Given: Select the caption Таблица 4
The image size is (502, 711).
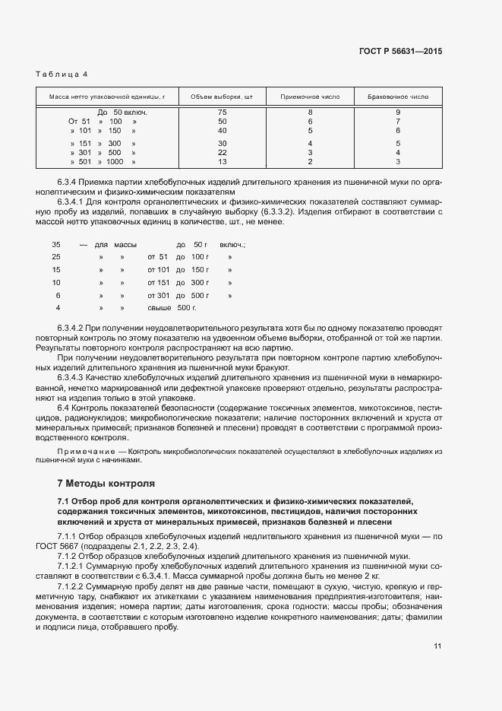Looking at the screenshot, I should (x=62, y=74).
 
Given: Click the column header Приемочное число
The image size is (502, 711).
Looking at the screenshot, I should (x=310, y=97).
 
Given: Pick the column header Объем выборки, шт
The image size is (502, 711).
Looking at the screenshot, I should (x=222, y=97).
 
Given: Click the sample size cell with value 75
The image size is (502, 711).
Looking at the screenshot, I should (x=223, y=113).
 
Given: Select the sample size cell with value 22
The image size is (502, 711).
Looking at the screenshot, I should (x=223, y=152).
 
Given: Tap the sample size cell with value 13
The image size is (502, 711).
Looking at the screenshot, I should (x=223, y=162).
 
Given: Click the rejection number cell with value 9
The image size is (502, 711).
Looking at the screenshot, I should (x=398, y=113).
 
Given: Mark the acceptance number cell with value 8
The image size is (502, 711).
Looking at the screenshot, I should (x=310, y=113).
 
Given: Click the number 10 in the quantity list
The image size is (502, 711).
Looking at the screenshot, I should (x=56, y=282).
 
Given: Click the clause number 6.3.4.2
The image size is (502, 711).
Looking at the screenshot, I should (x=73, y=327).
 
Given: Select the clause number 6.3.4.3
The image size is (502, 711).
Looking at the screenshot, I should (x=73, y=376).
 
